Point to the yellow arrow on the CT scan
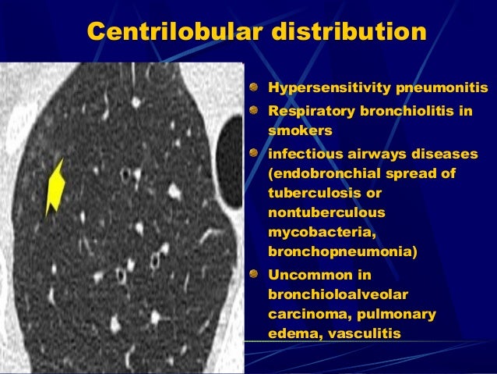tap(55, 185)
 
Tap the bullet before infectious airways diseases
tap(255, 154)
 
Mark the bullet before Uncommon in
tap(255, 274)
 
